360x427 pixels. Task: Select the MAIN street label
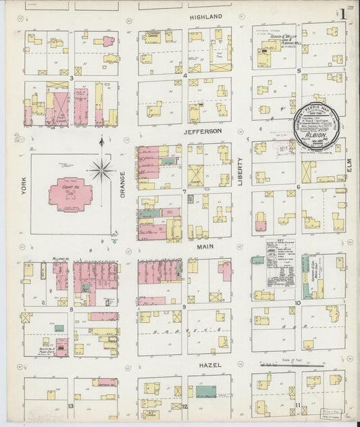(x=205, y=247)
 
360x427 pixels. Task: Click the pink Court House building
(x=70, y=193)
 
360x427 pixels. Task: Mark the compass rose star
(x=101, y=168)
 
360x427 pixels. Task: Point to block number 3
(x=71, y=78)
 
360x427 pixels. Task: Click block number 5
(x=298, y=70)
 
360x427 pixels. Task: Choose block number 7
(x=184, y=191)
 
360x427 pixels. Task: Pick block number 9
(x=184, y=307)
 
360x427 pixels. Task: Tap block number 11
(x=297, y=404)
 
